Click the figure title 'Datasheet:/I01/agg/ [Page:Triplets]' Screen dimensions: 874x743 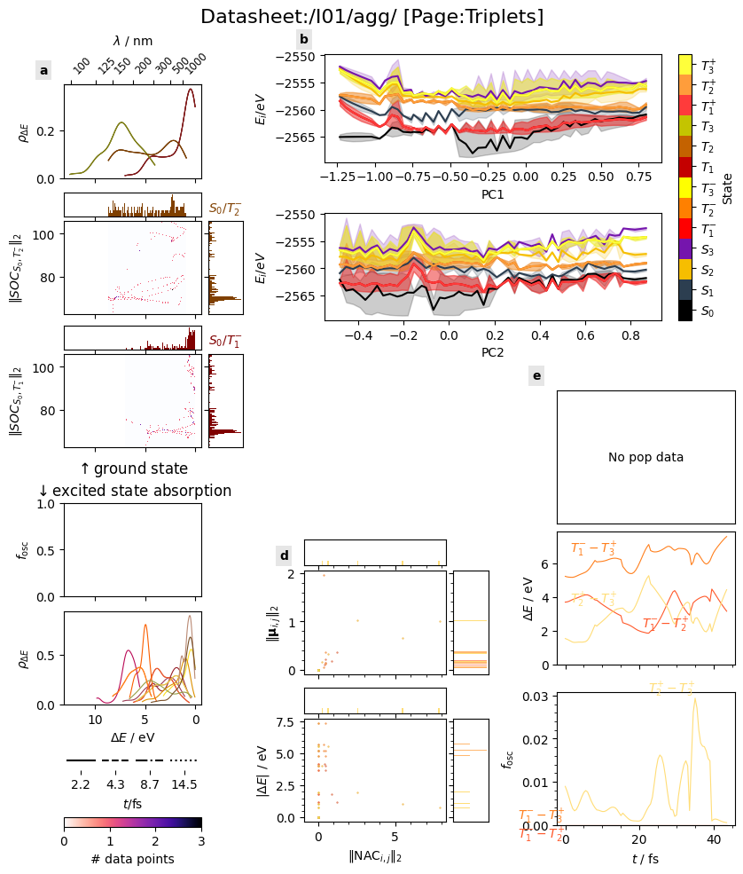tap(371, 17)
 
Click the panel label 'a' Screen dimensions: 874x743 tap(43, 70)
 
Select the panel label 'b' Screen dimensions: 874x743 tap(304, 39)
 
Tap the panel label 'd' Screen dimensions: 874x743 tap(285, 556)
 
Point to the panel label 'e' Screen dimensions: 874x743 tap(536, 375)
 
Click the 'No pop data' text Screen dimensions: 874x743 tap(645, 457)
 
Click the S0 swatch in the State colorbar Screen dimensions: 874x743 tap(685, 311)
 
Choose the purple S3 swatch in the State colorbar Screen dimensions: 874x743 tap(685, 249)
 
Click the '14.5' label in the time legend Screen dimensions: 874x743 tap(184, 785)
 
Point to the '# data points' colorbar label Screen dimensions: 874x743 tap(133, 859)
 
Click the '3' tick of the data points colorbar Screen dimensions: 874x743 tap(201, 840)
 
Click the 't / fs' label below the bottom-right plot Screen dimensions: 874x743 tap(645, 859)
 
